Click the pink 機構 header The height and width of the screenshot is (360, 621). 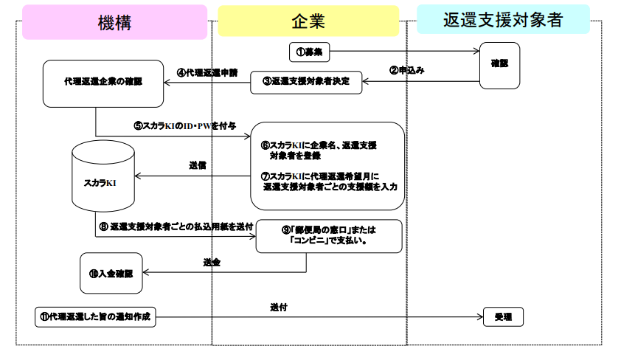point(114,22)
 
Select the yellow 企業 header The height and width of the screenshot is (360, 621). point(308,22)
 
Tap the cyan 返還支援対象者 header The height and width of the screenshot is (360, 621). point(503,20)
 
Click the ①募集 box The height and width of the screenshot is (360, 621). point(309,52)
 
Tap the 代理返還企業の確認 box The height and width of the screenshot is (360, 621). point(103,82)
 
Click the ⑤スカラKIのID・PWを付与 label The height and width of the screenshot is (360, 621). point(184,125)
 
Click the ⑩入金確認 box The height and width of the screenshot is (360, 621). point(110,273)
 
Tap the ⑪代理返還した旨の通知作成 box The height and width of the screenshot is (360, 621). point(96,316)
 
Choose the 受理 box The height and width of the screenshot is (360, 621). point(503,316)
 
